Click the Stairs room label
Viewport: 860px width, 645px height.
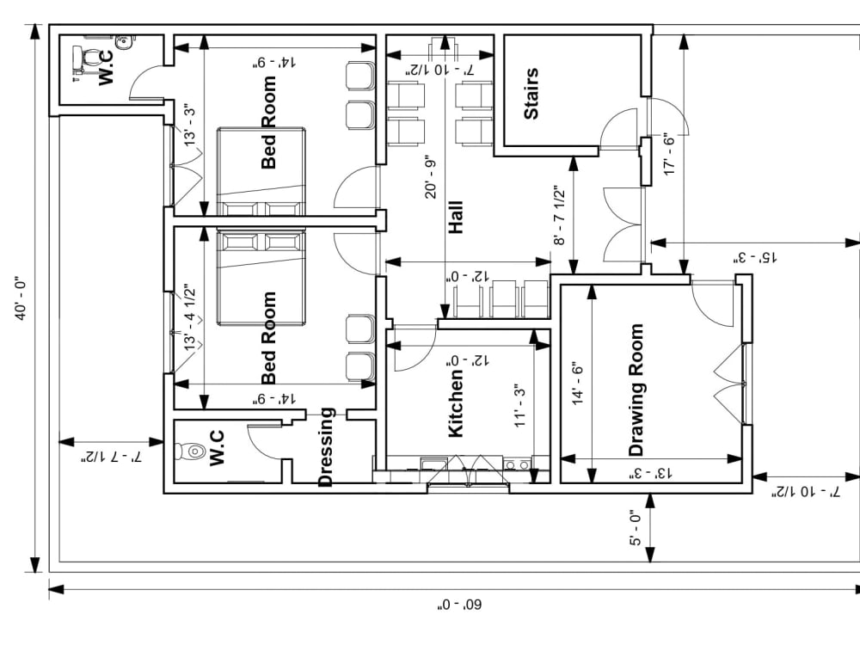point(531,94)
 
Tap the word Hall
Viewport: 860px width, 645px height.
point(456,218)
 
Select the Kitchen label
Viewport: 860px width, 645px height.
point(456,402)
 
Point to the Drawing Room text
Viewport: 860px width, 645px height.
point(636,390)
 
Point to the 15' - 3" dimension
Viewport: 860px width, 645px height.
point(753,257)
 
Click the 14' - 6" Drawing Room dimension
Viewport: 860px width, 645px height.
point(577,385)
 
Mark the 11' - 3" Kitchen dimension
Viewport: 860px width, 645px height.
point(519,406)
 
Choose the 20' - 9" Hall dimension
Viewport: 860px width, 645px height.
point(431,178)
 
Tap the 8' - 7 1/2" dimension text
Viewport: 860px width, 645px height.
point(560,217)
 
